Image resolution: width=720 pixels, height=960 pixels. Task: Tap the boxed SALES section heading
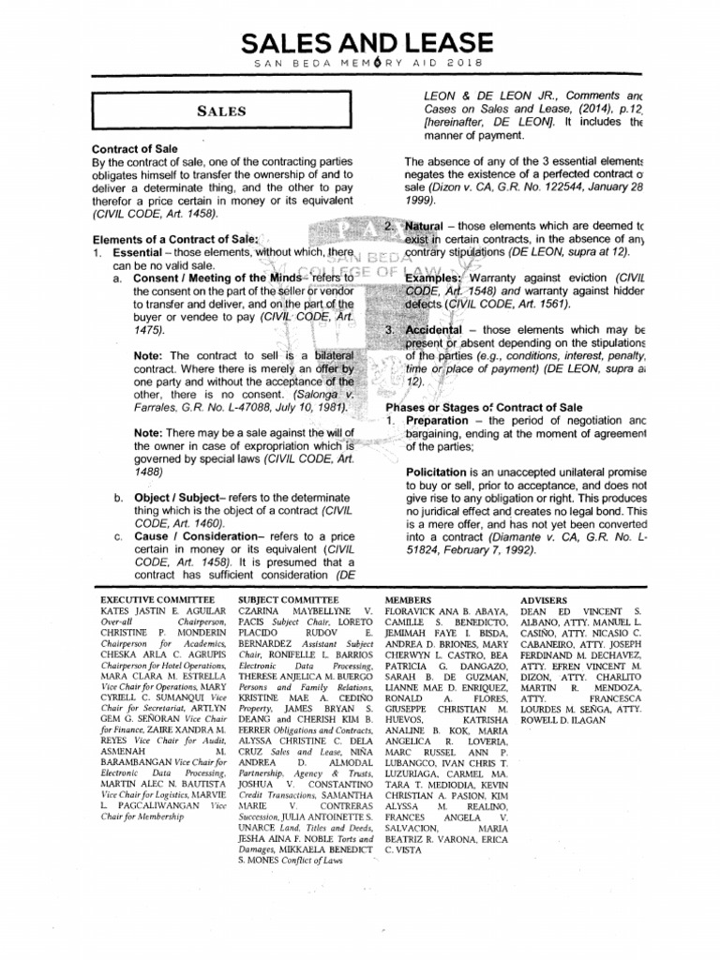point(221,112)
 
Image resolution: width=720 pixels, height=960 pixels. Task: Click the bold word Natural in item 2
point(425,228)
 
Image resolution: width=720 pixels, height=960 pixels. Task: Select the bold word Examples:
point(433,279)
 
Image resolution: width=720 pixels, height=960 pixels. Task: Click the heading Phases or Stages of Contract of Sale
point(478,407)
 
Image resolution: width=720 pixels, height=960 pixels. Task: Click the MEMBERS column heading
point(409,597)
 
